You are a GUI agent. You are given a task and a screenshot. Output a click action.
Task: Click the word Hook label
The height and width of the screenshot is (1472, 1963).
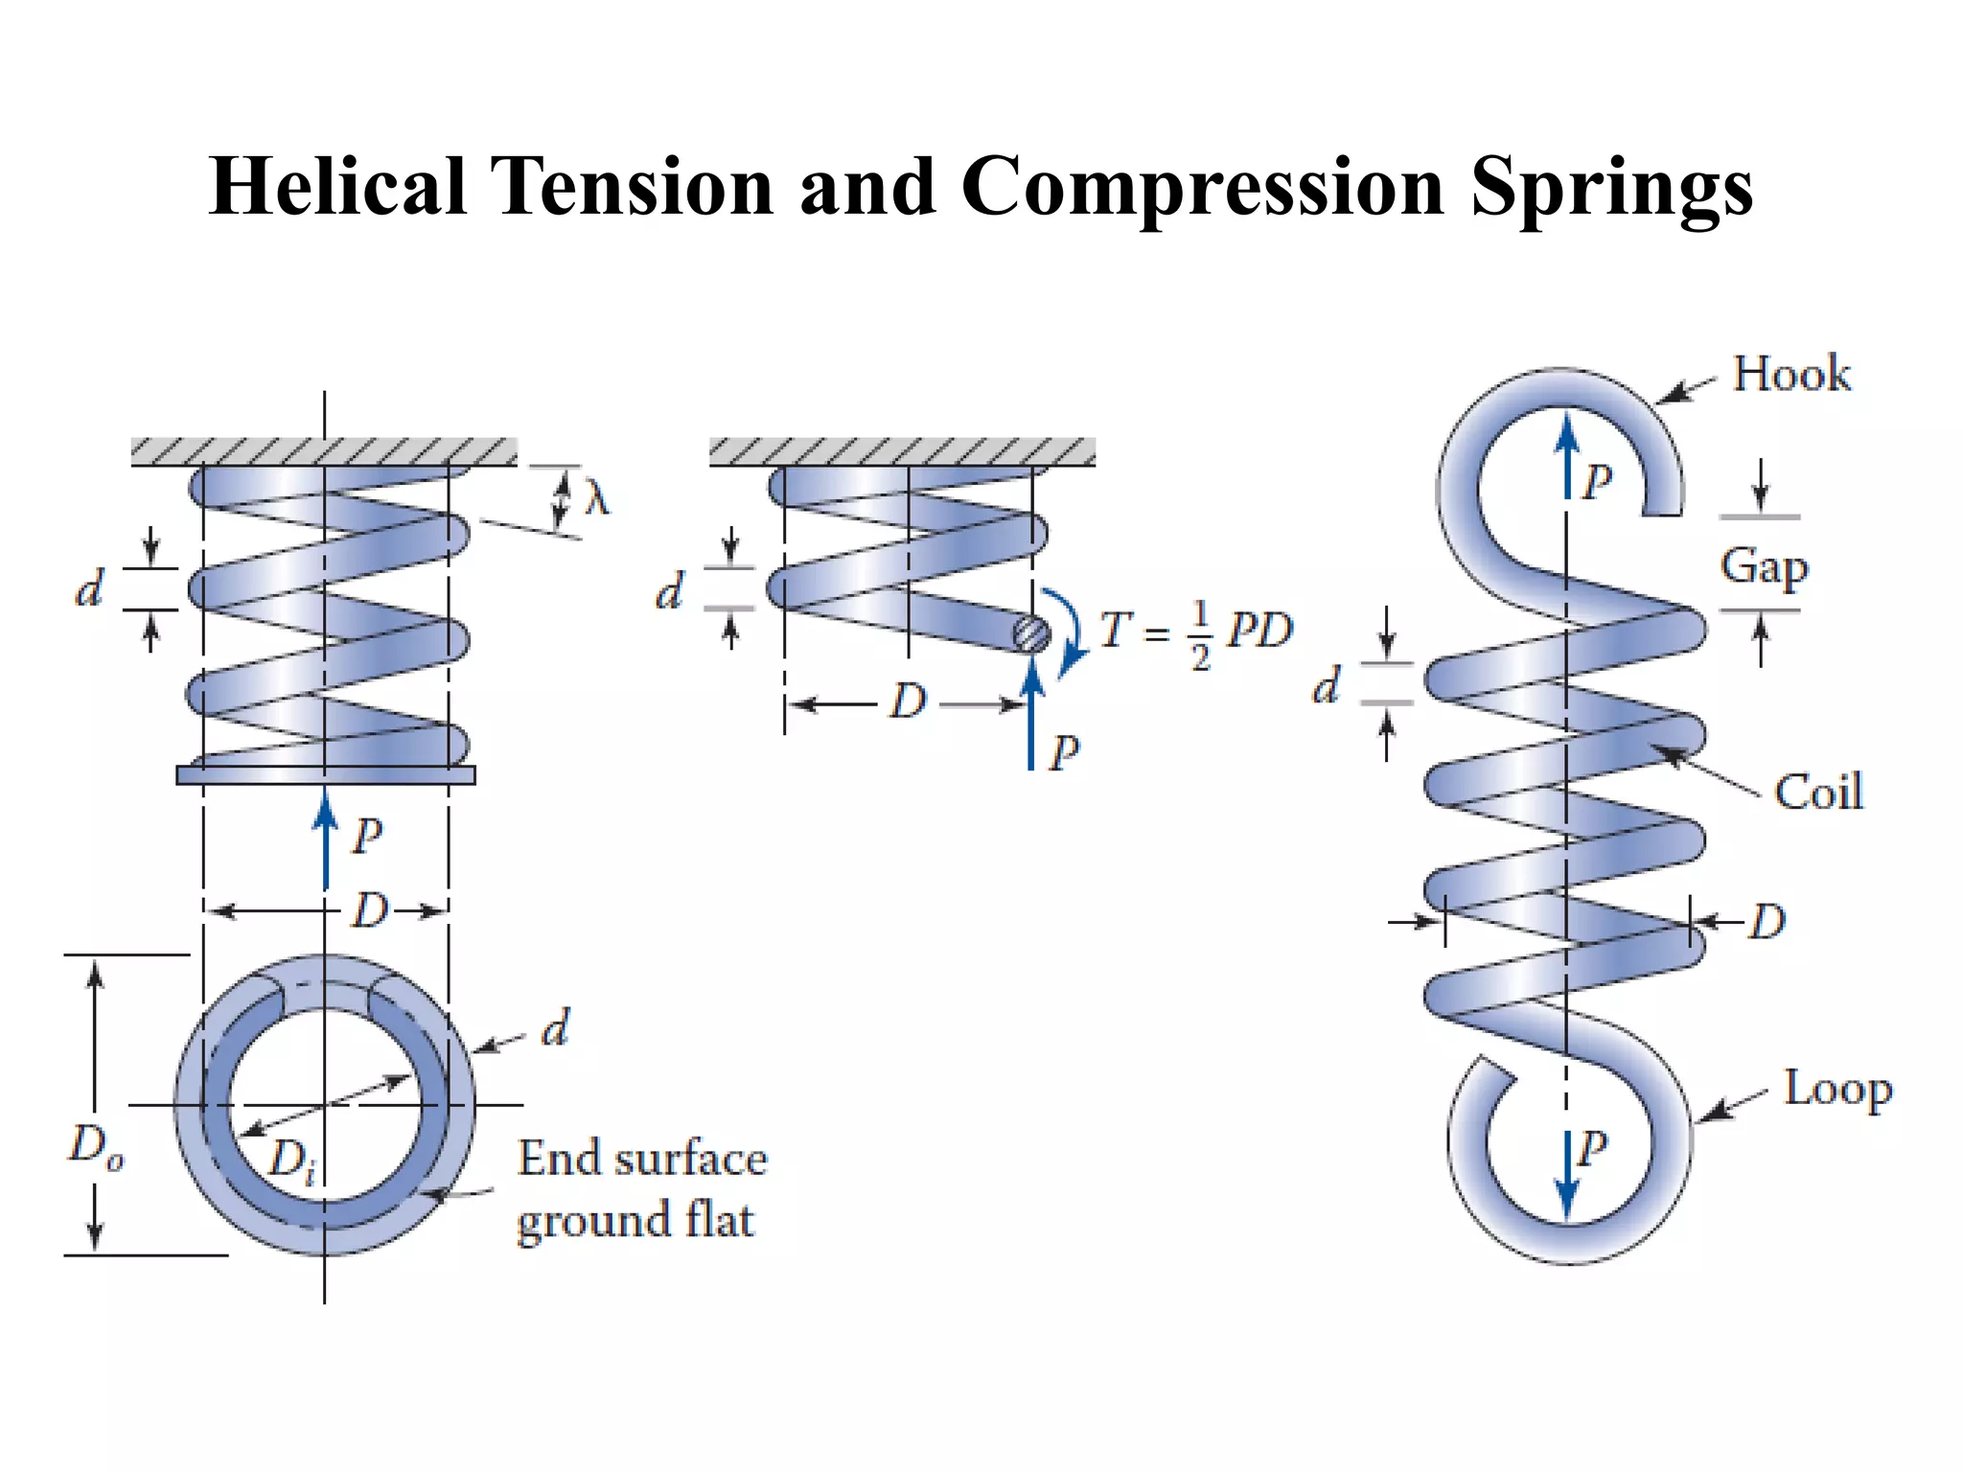point(1791,374)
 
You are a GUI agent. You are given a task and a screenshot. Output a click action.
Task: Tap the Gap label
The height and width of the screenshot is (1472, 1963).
point(1764,566)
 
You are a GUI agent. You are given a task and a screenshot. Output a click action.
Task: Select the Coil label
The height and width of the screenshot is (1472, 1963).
point(1818,793)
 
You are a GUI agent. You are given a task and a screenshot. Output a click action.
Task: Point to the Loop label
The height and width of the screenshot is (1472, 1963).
point(1837,1090)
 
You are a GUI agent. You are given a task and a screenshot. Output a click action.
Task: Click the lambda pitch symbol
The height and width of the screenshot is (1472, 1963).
point(596,498)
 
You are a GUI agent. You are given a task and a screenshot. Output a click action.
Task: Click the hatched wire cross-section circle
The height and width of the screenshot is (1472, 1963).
point(1031,633)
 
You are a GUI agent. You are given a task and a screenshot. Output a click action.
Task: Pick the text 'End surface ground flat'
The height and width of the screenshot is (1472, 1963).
point(641,1189)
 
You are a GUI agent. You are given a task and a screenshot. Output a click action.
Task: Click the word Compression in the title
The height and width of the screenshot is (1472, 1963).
point(1202,186)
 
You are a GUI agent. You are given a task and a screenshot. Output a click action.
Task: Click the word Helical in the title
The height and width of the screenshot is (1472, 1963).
point(337,186)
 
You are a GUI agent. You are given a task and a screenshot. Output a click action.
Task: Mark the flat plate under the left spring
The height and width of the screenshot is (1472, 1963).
point(326,775)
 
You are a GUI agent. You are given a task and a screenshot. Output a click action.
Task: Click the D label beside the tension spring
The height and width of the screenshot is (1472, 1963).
point(1767,922)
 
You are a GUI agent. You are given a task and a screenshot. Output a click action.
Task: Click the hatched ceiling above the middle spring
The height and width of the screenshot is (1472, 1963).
point(902,452)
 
